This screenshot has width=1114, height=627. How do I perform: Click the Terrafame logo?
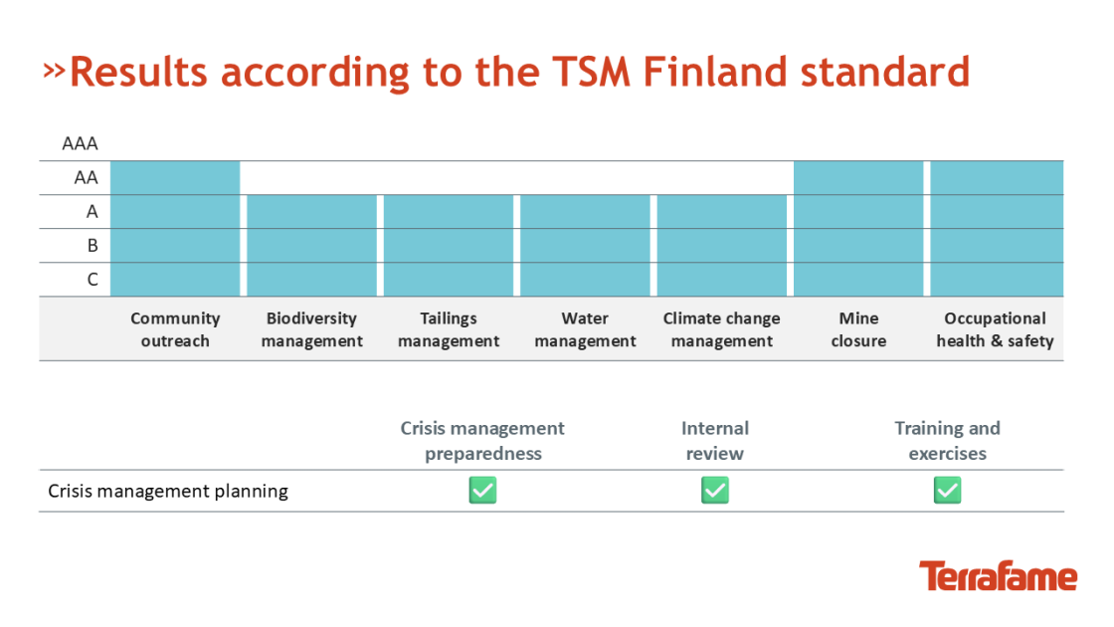tap(998, 576)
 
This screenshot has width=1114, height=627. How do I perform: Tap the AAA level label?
tap(80, 143)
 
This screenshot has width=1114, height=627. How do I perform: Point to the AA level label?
tap(86, 177)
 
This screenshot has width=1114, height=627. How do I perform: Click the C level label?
tap(92, 279)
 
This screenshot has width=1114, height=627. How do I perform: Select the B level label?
tap(92, 245)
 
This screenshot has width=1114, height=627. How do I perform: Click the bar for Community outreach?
tap(175, 228)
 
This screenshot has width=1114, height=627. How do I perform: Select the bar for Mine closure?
tap(857, 228)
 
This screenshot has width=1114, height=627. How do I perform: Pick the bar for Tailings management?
tap(449, 245)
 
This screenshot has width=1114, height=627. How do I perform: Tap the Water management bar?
tap(585, 245)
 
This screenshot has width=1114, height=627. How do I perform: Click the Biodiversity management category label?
tap(311, 329)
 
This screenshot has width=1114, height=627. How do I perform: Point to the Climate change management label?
tap(721, 329)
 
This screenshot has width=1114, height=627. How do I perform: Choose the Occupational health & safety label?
tap(995, 329)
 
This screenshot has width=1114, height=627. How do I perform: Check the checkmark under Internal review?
tap(714, 490)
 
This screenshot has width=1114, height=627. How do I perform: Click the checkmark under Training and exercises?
tap(947, 490)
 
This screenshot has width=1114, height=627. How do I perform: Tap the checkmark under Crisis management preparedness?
tap(482, 490)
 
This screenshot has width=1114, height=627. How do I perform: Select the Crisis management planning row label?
tap(168, 491)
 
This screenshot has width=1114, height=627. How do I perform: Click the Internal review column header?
tap(714, 440)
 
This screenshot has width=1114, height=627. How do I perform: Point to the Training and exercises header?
tap(947, 440)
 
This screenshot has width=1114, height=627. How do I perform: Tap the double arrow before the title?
tap(54, 70)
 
